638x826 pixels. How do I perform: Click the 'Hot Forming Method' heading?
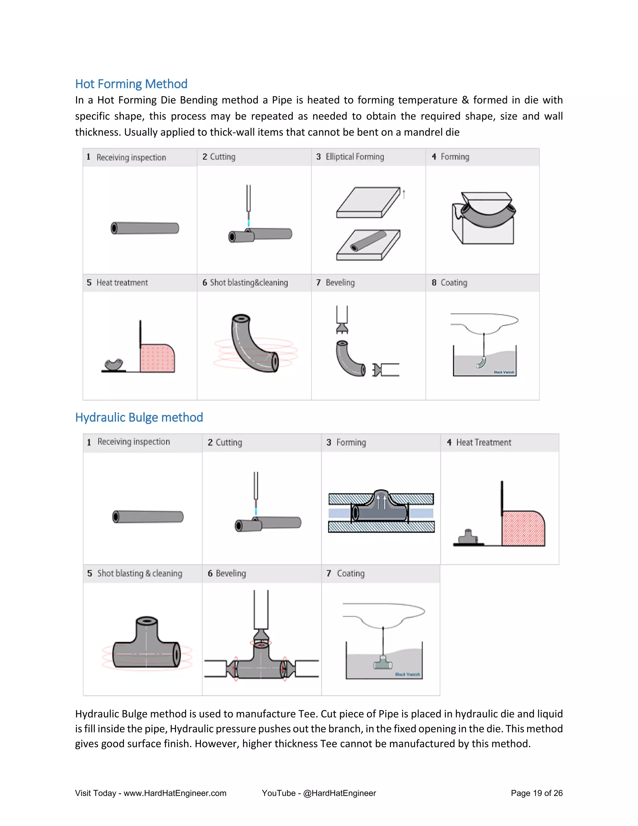(131, 84)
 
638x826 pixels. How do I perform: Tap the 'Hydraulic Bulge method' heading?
(139, 418)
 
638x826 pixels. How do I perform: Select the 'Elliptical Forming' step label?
(355, 157)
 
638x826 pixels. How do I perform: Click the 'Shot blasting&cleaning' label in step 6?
(249, 283)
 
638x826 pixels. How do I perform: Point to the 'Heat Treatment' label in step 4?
(483, 443)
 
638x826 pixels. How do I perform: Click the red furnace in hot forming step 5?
(157, 358)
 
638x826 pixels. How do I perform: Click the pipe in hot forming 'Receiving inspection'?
(145, 228)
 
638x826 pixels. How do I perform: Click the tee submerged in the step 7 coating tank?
(383, 663)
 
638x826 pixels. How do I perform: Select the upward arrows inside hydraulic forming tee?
(381, 502)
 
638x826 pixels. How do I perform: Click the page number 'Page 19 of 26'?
(536, 793)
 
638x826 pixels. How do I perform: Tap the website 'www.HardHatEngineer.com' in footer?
(175, 793)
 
